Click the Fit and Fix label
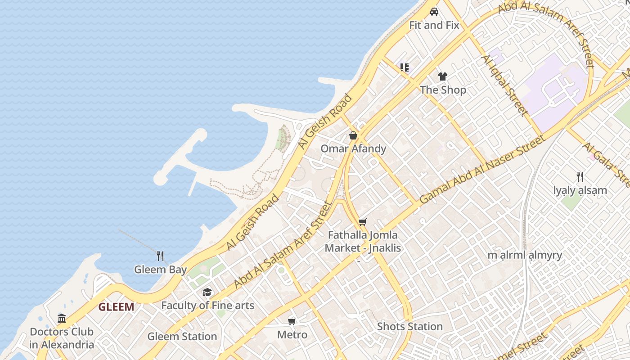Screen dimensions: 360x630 pos(434,25)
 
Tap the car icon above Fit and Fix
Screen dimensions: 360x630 pos(434,12)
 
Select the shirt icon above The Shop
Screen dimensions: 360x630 pos(443,76)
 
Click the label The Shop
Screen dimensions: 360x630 pos(443,90)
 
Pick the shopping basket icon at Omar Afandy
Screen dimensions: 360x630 pos(353,135)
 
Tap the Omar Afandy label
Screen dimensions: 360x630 pos(353,148)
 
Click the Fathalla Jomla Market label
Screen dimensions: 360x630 pos(363,241)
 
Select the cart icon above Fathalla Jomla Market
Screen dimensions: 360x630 pos(363,222)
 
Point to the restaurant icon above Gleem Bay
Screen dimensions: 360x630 pos(160,256)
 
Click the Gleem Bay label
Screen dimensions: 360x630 pos(160,270)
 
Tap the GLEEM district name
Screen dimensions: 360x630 pos(116,307)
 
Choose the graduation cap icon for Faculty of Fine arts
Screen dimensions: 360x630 pos(207,292)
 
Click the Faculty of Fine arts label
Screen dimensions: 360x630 pos(207,306)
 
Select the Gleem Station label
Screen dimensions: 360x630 pos(182,336)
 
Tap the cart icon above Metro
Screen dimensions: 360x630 pos(292,321)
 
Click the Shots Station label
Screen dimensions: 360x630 pos(409,326)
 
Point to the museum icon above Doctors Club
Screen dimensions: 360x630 pos(62,319)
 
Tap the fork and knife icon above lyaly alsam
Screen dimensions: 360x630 pos(580,177)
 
